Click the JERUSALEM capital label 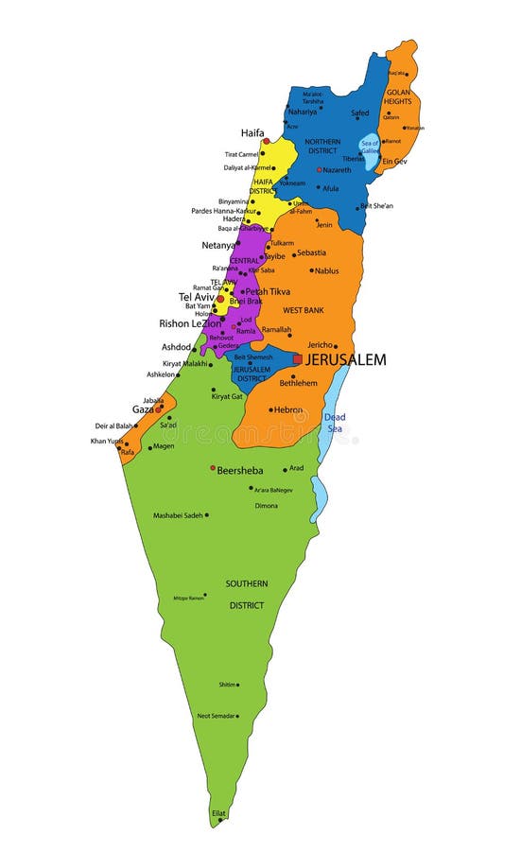pyautogui.click(x=345, y=360)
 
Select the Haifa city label pyautogui.click(x=252, y=133)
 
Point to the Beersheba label pyautogui.click(x=240, y=470)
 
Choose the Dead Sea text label pyautogui.click(x=335, y=423)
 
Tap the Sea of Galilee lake pyautogui.click(x=369, y=148)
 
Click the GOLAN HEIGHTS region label pyautogui.click(x=398, y=96)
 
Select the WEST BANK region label pyautogui.click(x=304, y=310)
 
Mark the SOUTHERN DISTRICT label pyautogui.click(x=246, y=594)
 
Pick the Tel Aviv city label pyautogui.click(x=197, y=297)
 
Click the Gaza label pyautogui.click(x=142, y=409)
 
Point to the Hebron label pyautogui.click(x=288, y=409)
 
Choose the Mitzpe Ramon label pyautogui.click(x=187, y=598)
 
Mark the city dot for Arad pyautogui.click(x=285, y=470)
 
